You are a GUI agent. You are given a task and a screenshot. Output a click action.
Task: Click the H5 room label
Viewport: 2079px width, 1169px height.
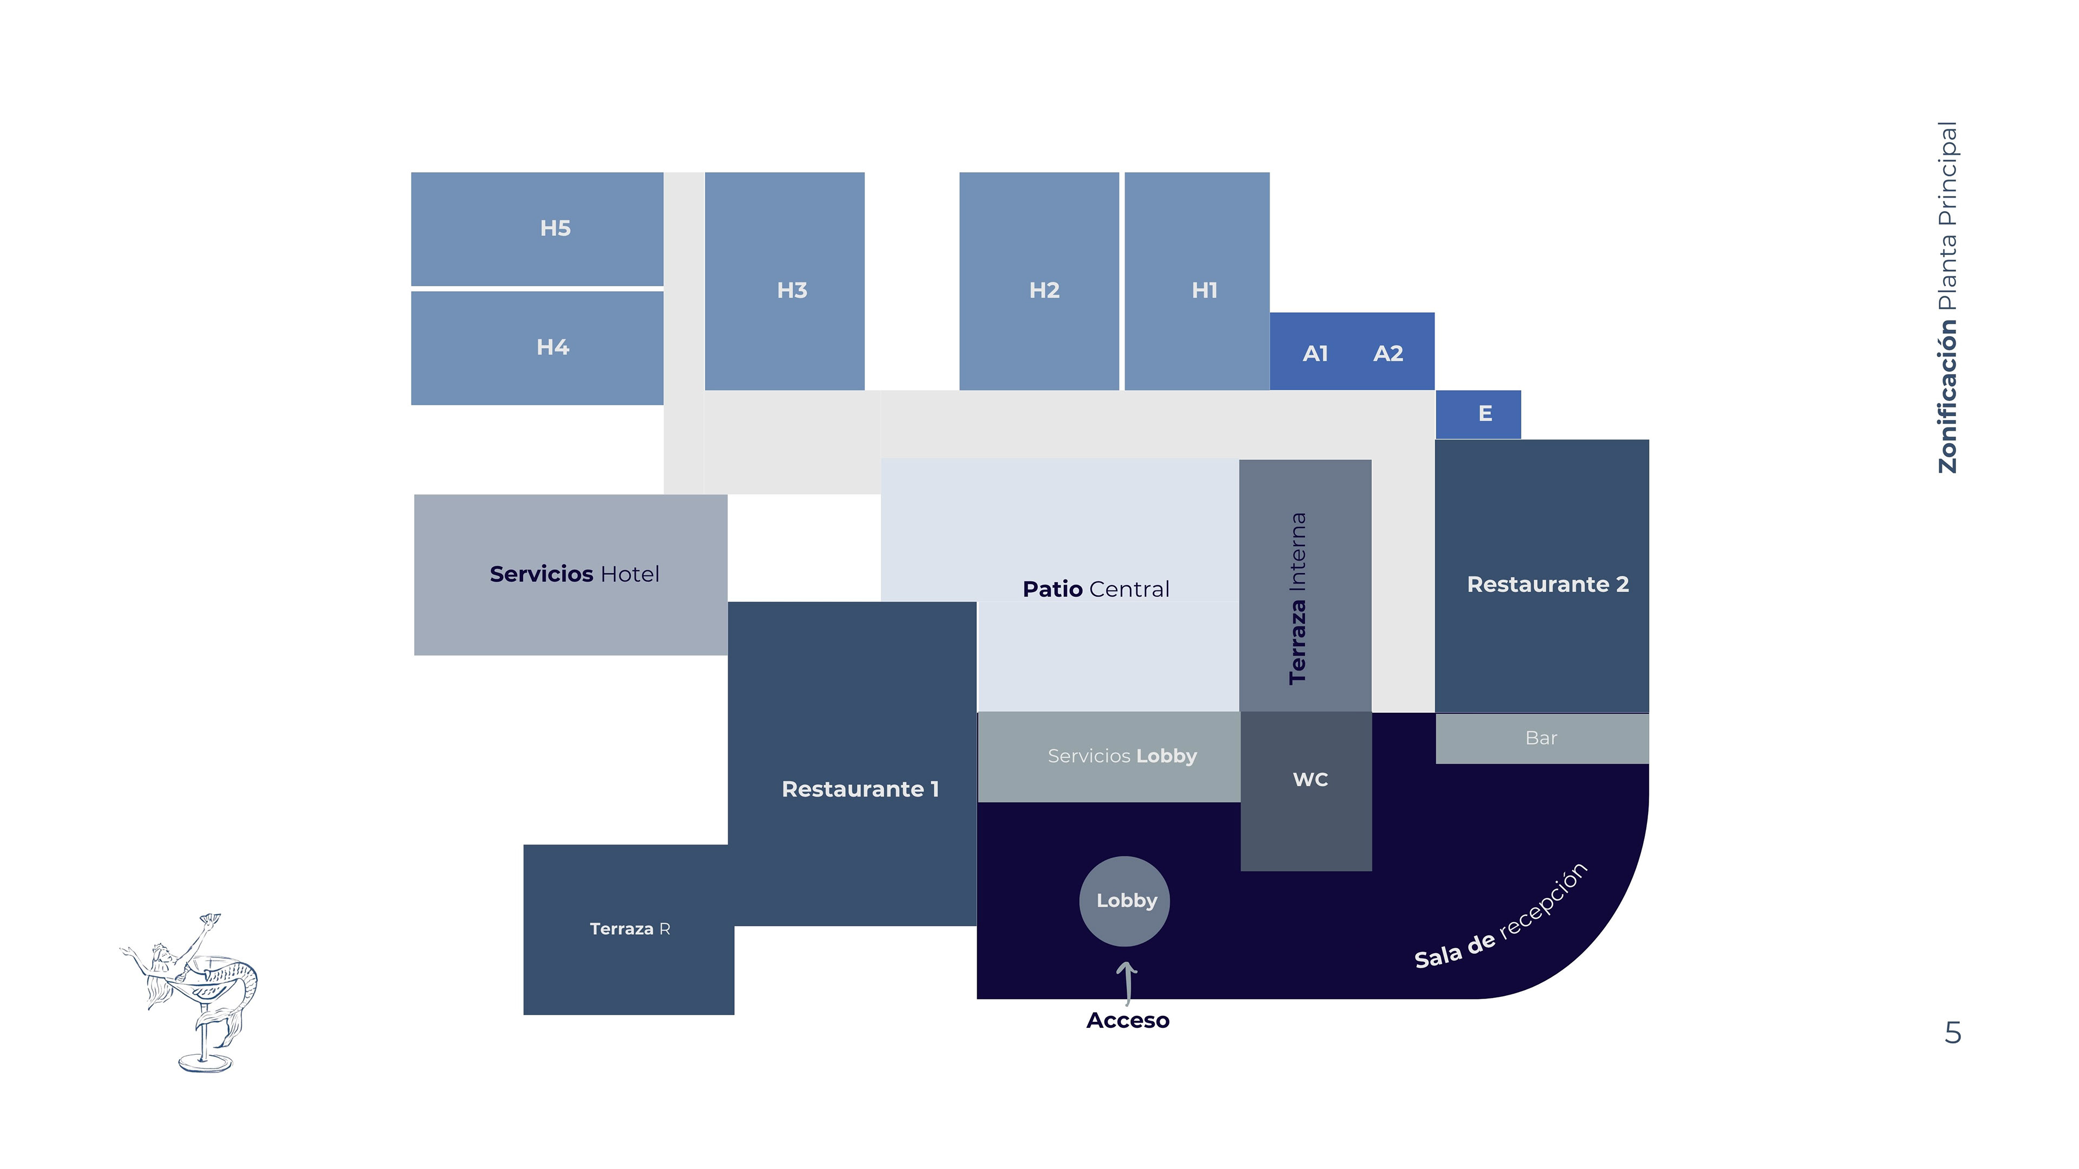click(x=555, y=228)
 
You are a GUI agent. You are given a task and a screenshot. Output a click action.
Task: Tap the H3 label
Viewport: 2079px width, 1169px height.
click(x=792, y=291)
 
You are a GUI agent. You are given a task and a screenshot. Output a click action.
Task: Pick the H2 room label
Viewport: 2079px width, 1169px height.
click(x=1043, y=291)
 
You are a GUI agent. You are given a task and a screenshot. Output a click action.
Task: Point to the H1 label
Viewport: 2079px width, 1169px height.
click(x=1204, y=291)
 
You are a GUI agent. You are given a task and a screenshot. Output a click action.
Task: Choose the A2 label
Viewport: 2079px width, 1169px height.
click(x=1388, y=353)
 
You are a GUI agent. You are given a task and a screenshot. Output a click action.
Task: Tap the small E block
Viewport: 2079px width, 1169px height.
click(x=1477, y=415)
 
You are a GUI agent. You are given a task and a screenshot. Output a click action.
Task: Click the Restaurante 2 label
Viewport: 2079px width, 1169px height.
click(x=1547, y=584)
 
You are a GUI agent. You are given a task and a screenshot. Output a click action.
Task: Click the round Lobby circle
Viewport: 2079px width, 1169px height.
click(x=1125, y=901)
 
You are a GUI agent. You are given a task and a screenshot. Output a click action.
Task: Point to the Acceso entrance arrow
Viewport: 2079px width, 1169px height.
click(x=1127, y=981)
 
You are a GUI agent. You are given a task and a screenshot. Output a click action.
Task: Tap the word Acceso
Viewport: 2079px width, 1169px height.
click(x=1127, y=1021)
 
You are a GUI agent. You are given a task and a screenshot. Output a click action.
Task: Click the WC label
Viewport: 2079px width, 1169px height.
click(x=1310, y=779)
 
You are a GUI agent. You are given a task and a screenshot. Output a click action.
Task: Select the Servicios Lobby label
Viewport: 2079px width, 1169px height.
click(x=1122, y=756)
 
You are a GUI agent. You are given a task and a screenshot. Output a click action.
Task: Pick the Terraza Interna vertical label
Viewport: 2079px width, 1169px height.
click(x=1298, y=599)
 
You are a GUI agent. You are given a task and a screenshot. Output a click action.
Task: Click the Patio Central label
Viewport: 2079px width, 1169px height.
click(x=1095, y=589)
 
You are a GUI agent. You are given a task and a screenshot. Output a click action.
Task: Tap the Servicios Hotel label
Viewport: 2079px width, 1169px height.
click(x=574, y=574)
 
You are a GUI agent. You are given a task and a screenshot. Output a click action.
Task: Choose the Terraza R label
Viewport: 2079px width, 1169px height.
click(x=630, y=929)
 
